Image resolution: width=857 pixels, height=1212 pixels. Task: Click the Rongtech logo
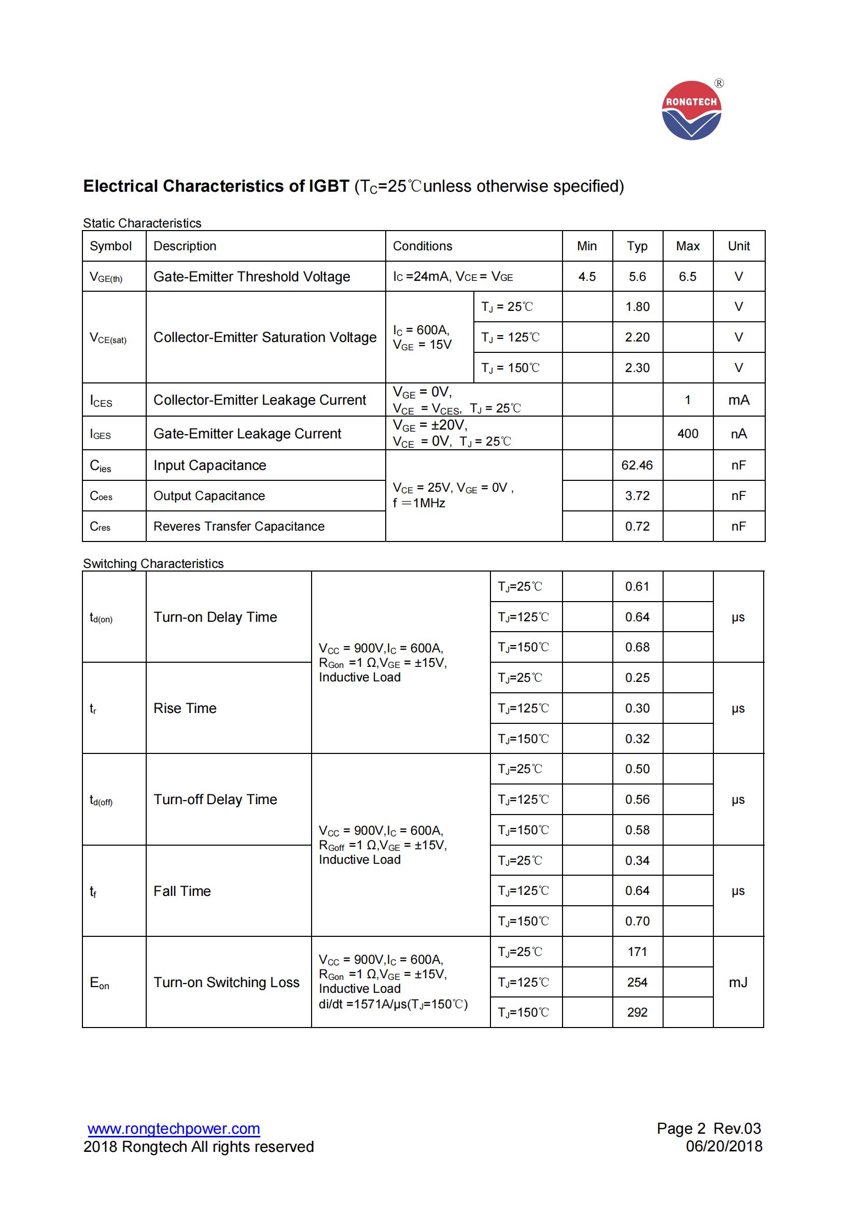pos(691,110)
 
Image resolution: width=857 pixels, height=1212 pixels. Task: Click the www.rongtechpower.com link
pos(174,1129)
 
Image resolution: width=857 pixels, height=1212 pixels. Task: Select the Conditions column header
pos(423,246)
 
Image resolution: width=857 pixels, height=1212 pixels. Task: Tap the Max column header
pos(687,246)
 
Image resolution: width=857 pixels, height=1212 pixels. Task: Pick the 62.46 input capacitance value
pos(637,465)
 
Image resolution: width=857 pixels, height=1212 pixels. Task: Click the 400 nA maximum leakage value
pos(687,433)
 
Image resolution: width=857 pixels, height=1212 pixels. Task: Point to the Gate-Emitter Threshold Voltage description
pos(251,277)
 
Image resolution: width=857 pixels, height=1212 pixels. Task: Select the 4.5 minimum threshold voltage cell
pos(587,277)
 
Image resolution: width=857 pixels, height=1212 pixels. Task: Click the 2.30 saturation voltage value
pos(637,368)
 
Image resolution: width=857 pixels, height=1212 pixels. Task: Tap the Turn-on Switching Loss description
pos(226,982)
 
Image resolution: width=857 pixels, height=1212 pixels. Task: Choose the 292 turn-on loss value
pos(637,1013)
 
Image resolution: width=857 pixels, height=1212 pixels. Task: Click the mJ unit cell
pos(738,982)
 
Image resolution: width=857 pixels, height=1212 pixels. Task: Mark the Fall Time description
pos(182,891)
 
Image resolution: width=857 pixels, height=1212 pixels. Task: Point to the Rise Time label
pos(185,708)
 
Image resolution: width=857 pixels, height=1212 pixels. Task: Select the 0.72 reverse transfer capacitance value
pos(637,526)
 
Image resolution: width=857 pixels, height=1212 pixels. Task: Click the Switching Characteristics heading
pos(153,564)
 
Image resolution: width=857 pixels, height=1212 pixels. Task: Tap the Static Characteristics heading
pos(142,223)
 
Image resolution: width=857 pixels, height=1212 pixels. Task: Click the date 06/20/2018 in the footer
pos(723,1147)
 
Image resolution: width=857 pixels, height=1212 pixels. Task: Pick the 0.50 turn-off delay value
pos(637,769)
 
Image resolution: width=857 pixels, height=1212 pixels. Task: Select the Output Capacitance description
pos(209,496)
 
